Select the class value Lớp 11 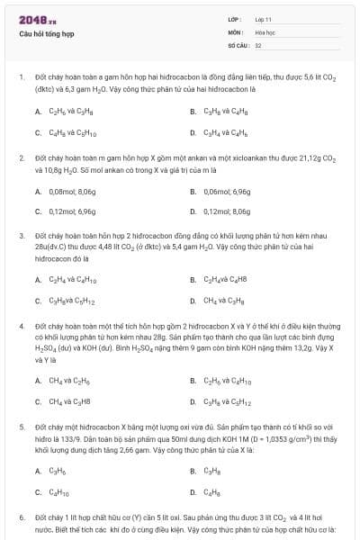point(263,19)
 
